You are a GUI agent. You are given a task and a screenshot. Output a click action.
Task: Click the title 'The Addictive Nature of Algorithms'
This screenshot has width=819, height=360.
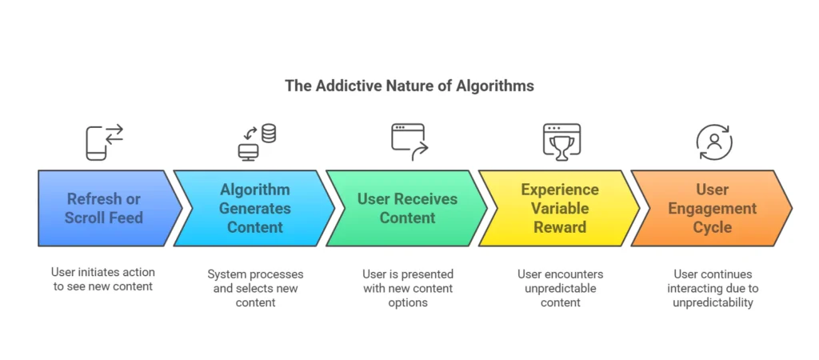409,86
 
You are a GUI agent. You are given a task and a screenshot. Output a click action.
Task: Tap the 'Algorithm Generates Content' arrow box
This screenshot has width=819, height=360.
254,208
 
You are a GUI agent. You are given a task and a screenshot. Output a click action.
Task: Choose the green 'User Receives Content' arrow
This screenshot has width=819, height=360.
407,208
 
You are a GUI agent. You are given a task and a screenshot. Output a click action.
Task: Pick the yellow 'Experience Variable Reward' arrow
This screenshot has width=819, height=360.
559,208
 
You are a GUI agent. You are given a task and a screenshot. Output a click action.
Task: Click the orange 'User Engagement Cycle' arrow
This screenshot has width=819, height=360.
712,208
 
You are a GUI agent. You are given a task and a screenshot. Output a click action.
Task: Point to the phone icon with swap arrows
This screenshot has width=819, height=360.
105,142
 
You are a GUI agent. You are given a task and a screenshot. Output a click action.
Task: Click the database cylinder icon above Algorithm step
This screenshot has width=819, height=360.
269,134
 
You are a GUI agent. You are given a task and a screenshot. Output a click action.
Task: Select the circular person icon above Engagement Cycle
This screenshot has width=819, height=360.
714,142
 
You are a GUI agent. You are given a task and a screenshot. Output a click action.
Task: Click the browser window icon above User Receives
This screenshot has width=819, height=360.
409,142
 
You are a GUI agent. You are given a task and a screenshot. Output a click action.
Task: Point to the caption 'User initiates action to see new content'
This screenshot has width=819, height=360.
103,279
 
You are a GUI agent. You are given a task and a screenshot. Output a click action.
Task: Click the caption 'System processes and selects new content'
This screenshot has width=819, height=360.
255,289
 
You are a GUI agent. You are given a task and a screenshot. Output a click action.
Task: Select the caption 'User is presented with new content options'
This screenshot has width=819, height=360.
408,289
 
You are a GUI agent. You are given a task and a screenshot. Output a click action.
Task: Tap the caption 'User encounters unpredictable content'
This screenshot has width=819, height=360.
561,289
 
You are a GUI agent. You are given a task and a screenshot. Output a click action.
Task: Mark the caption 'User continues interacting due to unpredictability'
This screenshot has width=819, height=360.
713,289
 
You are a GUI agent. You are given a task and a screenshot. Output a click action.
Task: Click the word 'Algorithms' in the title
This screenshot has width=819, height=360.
495,86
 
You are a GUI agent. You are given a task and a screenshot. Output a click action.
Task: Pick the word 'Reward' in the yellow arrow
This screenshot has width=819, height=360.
560,227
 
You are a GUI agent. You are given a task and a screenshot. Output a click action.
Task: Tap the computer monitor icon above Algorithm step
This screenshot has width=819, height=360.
248,152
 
